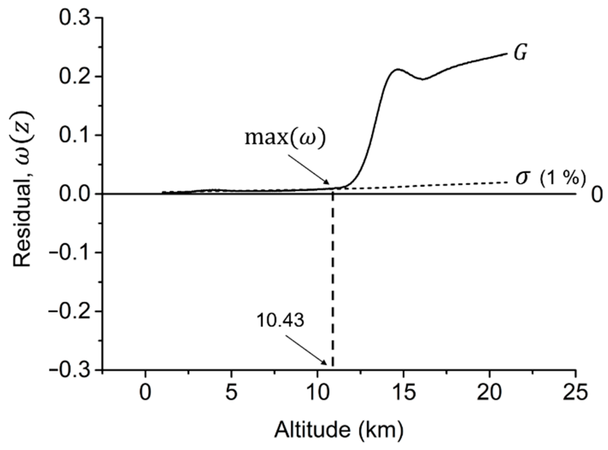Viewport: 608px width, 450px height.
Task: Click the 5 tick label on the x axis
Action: [x=231, y=392]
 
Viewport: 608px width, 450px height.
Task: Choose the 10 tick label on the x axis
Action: [x=317, y=392]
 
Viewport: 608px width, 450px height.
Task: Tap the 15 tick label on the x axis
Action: [x=403, y=392]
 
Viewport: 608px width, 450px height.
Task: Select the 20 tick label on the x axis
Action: [x=489, y=392]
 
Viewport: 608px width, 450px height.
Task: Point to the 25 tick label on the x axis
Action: [x=575, y=392]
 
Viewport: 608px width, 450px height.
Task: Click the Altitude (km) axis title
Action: [x=339, y=430]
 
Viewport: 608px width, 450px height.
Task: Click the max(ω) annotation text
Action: [x=285, y=138]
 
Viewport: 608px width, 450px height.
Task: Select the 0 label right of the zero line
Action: [x=597, y=195]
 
